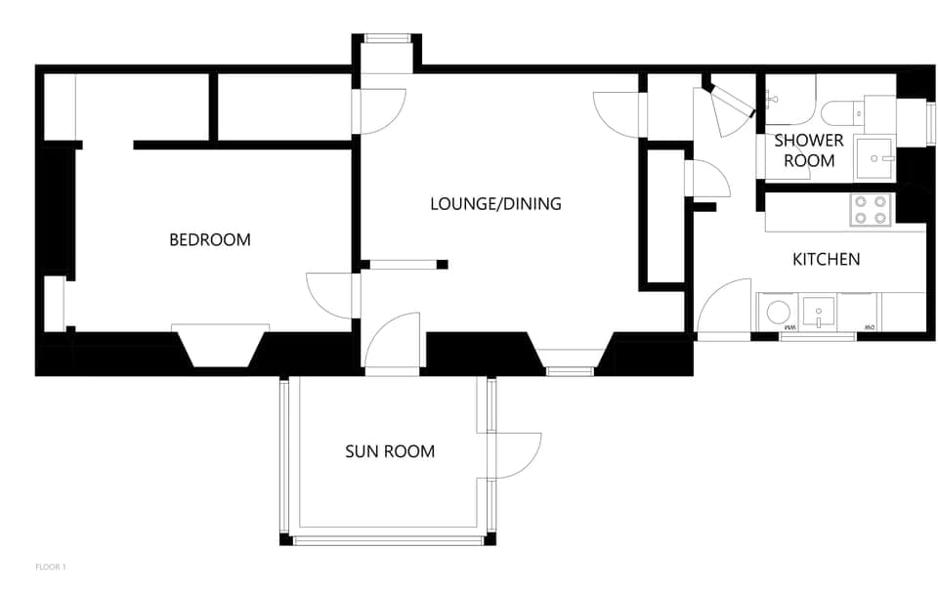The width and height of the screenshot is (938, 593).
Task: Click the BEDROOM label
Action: tap(210, 239)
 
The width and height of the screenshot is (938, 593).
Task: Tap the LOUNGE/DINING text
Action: tap(495, 204)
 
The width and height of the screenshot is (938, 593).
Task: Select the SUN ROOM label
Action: tap(390, 451)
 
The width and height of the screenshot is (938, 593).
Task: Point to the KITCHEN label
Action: tap(826, 259)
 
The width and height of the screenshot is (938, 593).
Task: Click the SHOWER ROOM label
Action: tap(809, 150)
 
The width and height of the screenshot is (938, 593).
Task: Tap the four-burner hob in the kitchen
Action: tap(870, 210)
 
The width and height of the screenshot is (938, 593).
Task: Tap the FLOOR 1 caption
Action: tap(50, 567)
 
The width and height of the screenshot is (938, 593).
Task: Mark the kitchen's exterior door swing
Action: tap(725, 308)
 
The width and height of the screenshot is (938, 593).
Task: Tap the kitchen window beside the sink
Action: tap(818, 337)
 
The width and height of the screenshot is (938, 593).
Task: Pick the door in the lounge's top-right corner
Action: tap(618, 115)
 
